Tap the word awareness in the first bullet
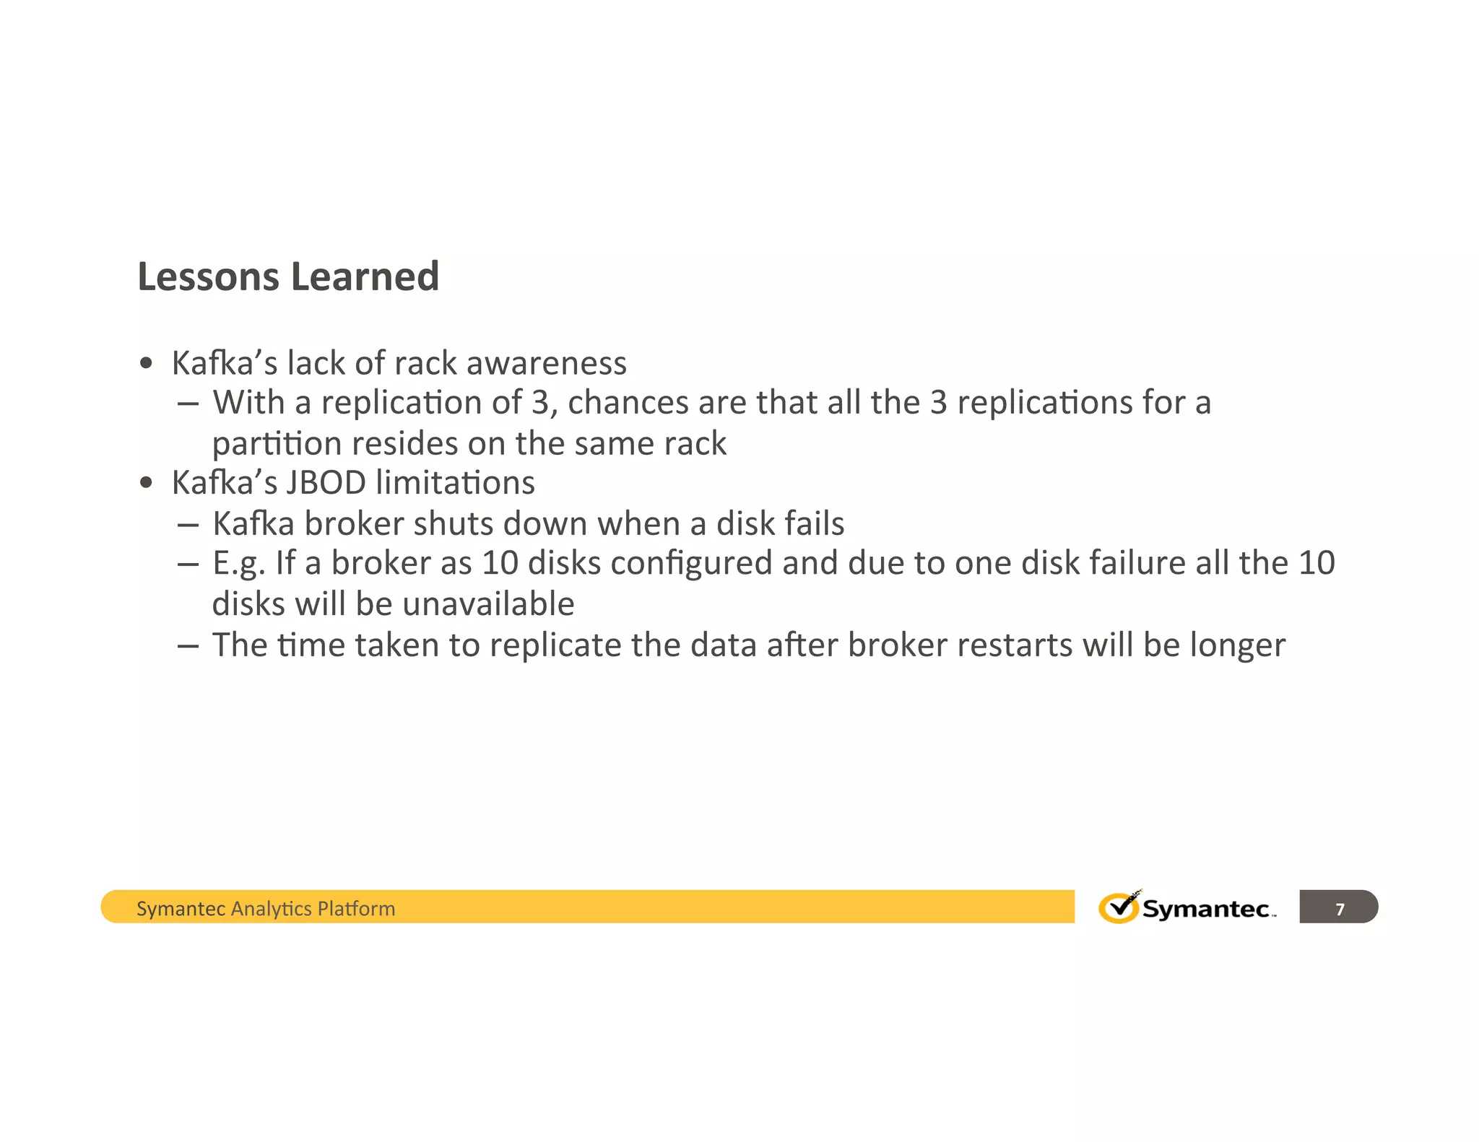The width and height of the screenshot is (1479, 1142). (547, 363)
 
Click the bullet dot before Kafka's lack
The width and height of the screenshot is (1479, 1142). (147, 364)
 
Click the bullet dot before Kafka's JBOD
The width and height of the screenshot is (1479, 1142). (147, 484)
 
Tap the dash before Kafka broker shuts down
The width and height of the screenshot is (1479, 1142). (188, 525)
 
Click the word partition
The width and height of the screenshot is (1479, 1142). (277, 444)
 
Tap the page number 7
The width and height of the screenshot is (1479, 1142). (1340, 909)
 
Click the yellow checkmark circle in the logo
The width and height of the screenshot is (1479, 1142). (1118, 908)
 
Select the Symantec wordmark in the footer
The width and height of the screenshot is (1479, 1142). (1205, 909)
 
